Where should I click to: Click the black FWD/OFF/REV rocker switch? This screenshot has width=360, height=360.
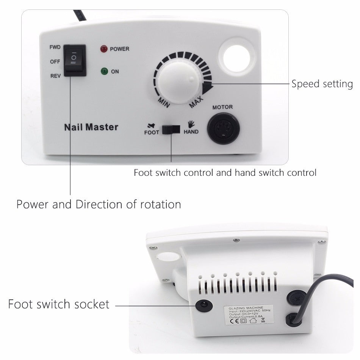click(x=75, y=60)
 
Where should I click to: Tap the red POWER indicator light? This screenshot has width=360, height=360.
click(x=103, y=49)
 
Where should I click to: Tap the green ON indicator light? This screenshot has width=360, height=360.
click(x=103, y=71)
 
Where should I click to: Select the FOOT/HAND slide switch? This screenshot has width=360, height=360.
click(x=171, y=129)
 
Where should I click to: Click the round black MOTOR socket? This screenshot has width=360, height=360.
click(x=223, y=128)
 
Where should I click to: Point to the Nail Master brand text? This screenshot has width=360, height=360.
click(x=91, y=127)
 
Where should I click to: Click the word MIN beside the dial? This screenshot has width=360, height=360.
click(x=164, y=102)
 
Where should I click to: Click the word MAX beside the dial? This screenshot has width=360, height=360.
click(x=196, y=102)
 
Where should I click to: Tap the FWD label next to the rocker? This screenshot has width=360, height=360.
click(x=55, y=47)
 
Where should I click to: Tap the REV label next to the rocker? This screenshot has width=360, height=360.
click(x=55, y=76)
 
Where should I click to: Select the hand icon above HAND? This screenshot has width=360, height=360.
click(x=191, y=124)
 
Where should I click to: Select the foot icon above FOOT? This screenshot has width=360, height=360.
click(x=151, y=125)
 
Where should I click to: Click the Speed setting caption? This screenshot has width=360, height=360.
click(x=322, y=84)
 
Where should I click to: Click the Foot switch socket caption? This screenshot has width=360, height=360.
click(x=59, y=304)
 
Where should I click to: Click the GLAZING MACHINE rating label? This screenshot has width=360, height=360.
click(x=249, y=314)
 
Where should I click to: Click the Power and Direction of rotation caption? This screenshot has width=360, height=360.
click(x=99, y=204)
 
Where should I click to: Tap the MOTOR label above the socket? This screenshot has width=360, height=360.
click(x=222, y=107)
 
